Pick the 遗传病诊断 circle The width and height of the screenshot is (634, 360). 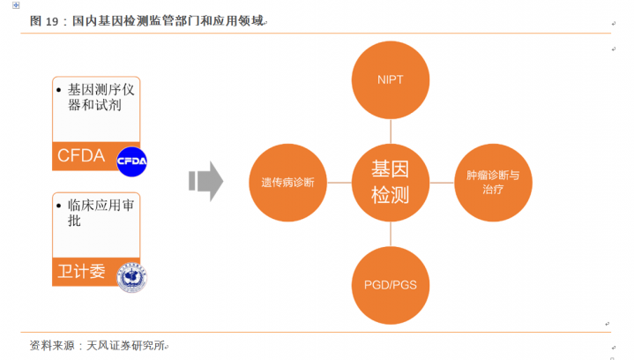pyautogui.click(x=287, y=182)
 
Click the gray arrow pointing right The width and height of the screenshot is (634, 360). pyautogui.click(x=205, y=181)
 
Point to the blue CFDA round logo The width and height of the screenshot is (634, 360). pyautogui.click(x=131, y=160)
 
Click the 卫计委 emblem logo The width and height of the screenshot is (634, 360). pyautogui.click(x=131, y=276)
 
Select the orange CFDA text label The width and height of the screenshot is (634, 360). pyautogui.click(x=81, y=157)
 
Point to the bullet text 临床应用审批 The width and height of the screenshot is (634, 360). pyautogui.click(x=101, y=213)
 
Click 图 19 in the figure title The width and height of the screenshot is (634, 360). pyautogui.click(x=44, y=21)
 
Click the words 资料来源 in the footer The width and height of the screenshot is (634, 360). pyautogui.click(x=49, y=345)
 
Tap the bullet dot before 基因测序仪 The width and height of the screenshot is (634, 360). pyautogui.click(x=59, y=90)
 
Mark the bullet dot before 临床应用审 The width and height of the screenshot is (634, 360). pyautogui.click(x=59, y=206)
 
